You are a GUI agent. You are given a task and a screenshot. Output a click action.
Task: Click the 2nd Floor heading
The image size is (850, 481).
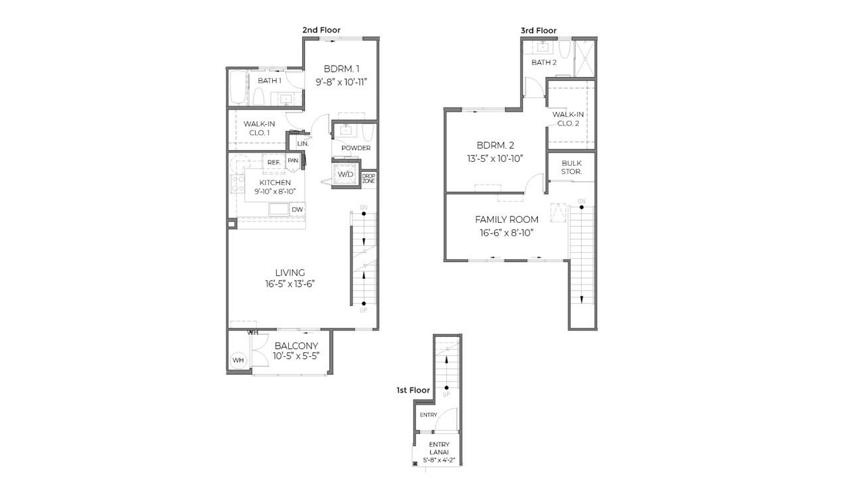tap(321, 30)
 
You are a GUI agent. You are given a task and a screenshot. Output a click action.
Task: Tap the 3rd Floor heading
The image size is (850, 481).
tap(538, 31)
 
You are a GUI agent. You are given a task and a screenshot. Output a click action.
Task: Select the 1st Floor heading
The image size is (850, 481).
tap(413, 390)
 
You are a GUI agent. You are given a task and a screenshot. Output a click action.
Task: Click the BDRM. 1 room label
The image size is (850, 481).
tap(341, 68)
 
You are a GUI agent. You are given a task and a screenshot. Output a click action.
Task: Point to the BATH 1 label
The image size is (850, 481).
tap(270, 80)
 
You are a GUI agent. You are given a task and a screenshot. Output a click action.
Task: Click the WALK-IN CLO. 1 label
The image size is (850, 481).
tap(259, 128)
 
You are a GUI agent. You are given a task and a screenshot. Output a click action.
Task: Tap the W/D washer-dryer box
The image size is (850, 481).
tap(345, 174)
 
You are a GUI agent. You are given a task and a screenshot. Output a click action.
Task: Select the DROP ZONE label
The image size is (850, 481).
tap(369, 178)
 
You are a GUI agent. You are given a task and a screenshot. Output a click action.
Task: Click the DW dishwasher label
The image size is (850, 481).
tap(297, 210)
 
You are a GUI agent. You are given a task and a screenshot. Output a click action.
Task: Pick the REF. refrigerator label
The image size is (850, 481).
tap(273, 162)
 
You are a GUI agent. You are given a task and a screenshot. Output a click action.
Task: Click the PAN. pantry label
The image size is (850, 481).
tap(293, 161)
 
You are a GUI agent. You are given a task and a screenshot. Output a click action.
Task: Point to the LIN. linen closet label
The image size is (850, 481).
tap(303, 143)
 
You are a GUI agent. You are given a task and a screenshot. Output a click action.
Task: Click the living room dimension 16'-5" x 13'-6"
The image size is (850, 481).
tap(290, 284)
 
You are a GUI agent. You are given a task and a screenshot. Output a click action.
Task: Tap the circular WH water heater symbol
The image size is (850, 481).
tap(238, 360)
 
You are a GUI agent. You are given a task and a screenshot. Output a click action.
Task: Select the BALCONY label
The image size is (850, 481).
tap(296, 346)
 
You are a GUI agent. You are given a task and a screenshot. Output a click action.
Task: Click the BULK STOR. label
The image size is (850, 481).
tap(571, 167)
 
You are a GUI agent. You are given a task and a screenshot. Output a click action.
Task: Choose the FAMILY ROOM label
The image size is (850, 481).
tap(506, 220)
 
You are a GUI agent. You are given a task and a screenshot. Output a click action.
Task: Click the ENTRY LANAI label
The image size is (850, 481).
tap(439, 448)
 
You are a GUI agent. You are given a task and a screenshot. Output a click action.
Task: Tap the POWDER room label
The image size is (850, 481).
tap(356, 148)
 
